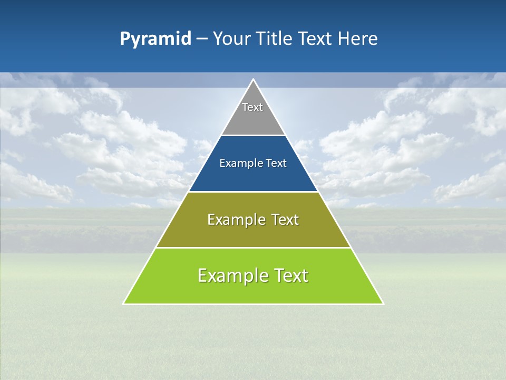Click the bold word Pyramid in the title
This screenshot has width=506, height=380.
155,39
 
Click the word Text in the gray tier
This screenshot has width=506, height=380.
252,107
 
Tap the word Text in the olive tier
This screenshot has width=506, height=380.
285,220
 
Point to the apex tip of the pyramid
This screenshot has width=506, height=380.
253,80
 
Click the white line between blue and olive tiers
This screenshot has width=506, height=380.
253,192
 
